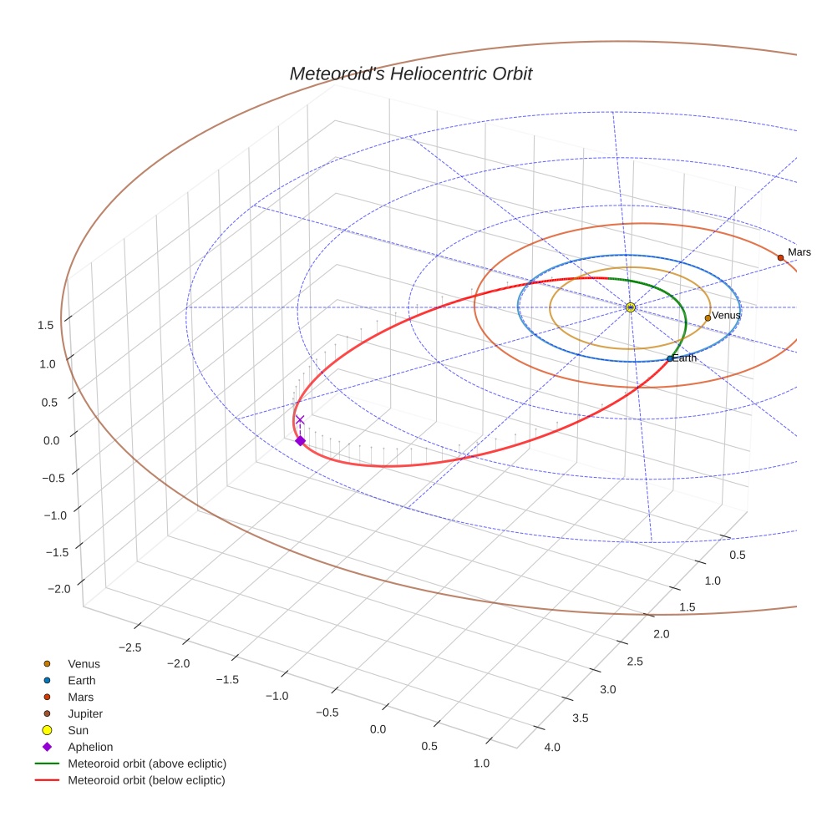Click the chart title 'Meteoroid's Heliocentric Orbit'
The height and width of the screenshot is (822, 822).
[x=410, y=74]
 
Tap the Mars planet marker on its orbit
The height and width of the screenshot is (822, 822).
[x=780, y=257]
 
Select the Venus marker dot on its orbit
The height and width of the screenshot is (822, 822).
[x=708, y=317]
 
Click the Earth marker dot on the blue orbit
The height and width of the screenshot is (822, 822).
[x=669, y=358]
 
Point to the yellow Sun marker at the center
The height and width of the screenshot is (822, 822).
[x=630, y=307]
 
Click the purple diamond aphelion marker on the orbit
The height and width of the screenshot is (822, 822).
[x=300, y=440]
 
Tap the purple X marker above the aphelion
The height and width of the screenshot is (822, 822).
[x=300, y=419]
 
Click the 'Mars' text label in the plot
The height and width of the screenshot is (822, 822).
[x=799, y=251]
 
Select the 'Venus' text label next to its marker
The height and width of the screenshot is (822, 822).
[x=726, y=315]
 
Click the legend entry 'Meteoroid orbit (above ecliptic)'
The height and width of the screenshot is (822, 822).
[x=147, y=764]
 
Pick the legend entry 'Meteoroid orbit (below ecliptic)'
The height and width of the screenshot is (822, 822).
[x=146, y=780]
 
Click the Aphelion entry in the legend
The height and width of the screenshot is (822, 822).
[x=90, y=747]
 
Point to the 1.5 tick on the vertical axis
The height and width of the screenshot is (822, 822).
[x=46, y=325]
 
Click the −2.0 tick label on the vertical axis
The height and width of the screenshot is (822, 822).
[x=58, y=589]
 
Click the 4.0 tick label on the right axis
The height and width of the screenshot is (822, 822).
[x=552, y=747]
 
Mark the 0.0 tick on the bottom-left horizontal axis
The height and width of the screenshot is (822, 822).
[x=378, y=729]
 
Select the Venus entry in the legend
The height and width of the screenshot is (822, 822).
[x=84, y=663]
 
